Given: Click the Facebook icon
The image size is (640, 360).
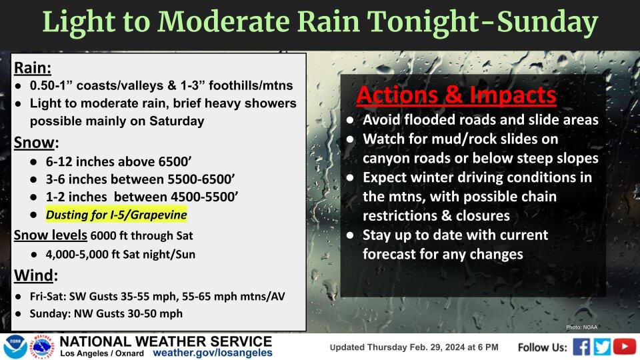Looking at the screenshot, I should pos(582,347).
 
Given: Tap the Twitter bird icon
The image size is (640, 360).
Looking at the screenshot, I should pos(603,347).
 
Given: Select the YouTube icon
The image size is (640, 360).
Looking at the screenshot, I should pos(625,347).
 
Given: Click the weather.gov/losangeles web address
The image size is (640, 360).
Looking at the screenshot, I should pos(213,353).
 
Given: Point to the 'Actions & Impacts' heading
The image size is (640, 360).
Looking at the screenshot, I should pos(456,95).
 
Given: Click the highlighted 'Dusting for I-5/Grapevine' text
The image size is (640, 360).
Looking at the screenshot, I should pos(116,215).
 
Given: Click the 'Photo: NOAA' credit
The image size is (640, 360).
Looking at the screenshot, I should pos(582,327).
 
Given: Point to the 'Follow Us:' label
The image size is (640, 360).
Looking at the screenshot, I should pos(543,347).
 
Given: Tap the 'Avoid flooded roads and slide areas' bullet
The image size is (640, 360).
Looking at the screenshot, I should pos(480,121).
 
